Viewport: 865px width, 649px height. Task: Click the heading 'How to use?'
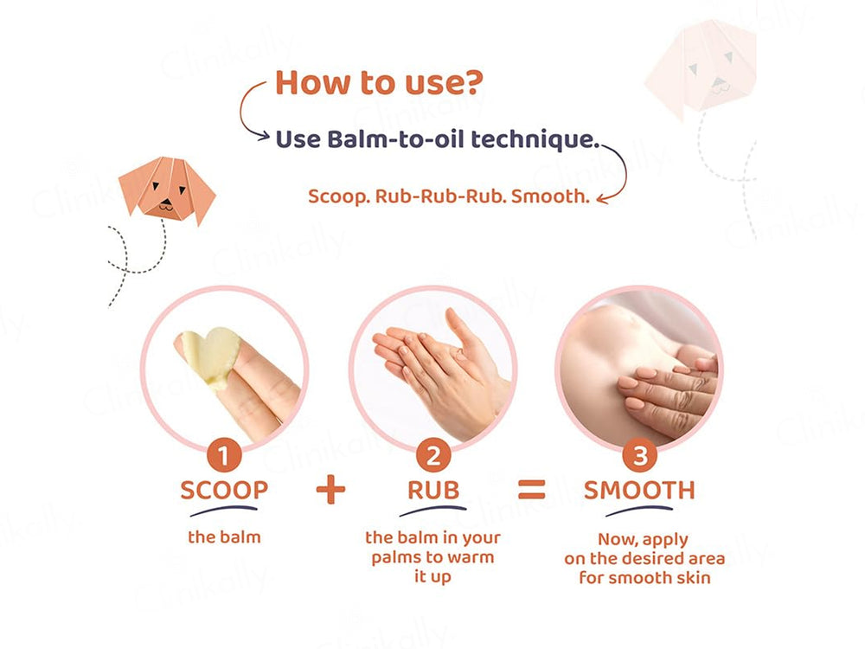click(x=379, y=84)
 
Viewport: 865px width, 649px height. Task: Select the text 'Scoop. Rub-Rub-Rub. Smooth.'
click(x=448, y=196)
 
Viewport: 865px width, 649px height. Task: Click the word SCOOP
click(x=224, y=490)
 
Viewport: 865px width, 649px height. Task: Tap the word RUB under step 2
click(x=432, y=490)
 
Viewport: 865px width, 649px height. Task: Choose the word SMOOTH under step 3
click(x=639, y=490)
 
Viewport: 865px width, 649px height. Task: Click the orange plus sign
click(x=330, y=489)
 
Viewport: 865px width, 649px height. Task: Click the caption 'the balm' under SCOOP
click(x=224, y=537)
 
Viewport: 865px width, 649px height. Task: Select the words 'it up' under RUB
click(x=432, y=576)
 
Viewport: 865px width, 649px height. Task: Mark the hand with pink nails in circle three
click(x=666, y=385)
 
